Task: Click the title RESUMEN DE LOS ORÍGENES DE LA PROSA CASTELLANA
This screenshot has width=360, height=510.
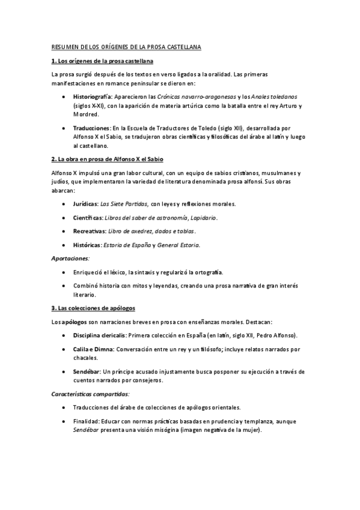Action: coord(126,47)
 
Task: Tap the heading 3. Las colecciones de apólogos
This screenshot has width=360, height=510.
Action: coord(93,308)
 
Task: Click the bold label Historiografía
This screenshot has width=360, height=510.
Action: coord(92,96)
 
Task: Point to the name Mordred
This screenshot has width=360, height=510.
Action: coord(86,114)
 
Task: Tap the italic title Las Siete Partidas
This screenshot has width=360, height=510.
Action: coord(126,204)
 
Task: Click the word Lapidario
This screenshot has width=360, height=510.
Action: coord(202,218)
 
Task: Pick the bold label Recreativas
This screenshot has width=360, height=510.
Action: coord(91,232)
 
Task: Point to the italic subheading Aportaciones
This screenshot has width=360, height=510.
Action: coord(70,259)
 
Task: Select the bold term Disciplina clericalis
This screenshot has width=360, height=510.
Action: coord(100,336)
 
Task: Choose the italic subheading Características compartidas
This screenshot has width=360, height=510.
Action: coord(90,395)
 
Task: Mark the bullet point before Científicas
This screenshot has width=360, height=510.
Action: coord(64,218)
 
